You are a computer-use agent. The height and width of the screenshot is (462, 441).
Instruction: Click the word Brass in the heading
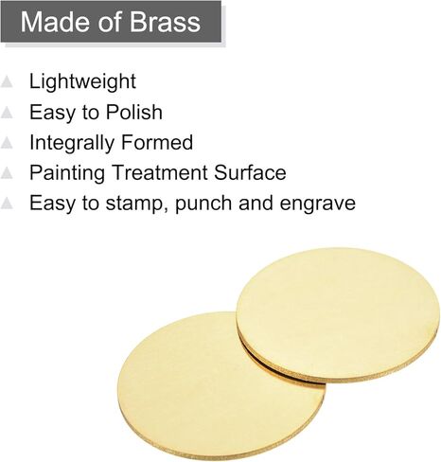(165, 22)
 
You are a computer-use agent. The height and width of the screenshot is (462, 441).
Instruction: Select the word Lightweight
(82, 82)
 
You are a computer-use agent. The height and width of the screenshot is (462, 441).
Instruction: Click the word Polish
(134, 112)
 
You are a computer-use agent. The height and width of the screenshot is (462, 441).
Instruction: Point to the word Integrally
(72, 143)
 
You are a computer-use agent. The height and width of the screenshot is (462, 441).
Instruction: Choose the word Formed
(157, 142)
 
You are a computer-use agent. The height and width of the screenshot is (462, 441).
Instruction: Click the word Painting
(67, 173)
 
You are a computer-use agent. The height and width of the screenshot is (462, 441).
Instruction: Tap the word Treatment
(160, 172)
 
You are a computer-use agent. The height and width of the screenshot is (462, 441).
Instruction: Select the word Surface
(250, 172)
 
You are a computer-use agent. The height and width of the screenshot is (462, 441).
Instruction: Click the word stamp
(137, 204)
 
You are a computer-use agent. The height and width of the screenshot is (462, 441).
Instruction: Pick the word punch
(204, 204)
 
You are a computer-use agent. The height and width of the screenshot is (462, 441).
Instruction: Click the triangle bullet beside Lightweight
(7, 81)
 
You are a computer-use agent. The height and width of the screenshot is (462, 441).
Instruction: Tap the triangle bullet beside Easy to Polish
(7, 113)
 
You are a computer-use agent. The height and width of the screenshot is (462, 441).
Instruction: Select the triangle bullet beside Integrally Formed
(7, 143)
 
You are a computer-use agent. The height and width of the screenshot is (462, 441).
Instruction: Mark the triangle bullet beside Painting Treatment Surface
(7, 173)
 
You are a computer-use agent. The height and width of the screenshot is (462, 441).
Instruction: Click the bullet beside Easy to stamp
(7, 203)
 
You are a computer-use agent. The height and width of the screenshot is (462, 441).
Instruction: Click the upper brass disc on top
(338, 315)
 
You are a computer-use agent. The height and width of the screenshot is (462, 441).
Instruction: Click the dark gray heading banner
(111, 21)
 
